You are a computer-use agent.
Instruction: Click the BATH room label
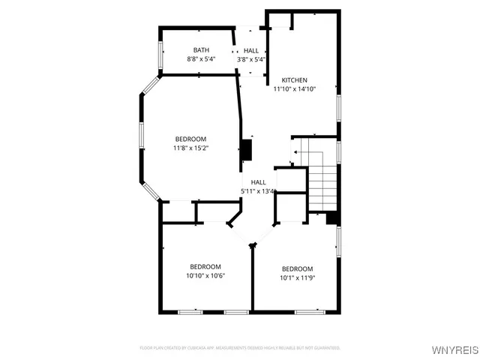(200, 50)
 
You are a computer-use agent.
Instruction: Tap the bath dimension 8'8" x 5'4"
(200, 59)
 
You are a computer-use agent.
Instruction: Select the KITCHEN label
(294, 80)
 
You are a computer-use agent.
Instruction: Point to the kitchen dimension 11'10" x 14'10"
(294, 89)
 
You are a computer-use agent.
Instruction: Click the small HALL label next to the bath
(251, 50)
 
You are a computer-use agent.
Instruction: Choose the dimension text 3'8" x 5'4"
(251, 59)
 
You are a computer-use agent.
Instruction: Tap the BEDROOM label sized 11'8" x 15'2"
(190, 139)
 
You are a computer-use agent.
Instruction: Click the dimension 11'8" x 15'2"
(190, 148)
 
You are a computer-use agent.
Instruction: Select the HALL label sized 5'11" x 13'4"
(258, 182)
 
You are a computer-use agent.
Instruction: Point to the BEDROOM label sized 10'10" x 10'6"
(205, 267)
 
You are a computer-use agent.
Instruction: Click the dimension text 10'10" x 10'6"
(205, 276)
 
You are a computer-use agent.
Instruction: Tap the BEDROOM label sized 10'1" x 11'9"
(297, 269)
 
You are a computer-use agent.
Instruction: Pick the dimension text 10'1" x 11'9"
(297, 278)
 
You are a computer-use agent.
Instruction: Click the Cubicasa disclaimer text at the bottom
(240, 348)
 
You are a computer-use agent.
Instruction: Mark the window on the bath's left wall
(159, 55)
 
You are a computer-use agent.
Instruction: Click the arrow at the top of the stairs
(295, 152)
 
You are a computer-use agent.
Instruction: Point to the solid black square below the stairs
(333, 217)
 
